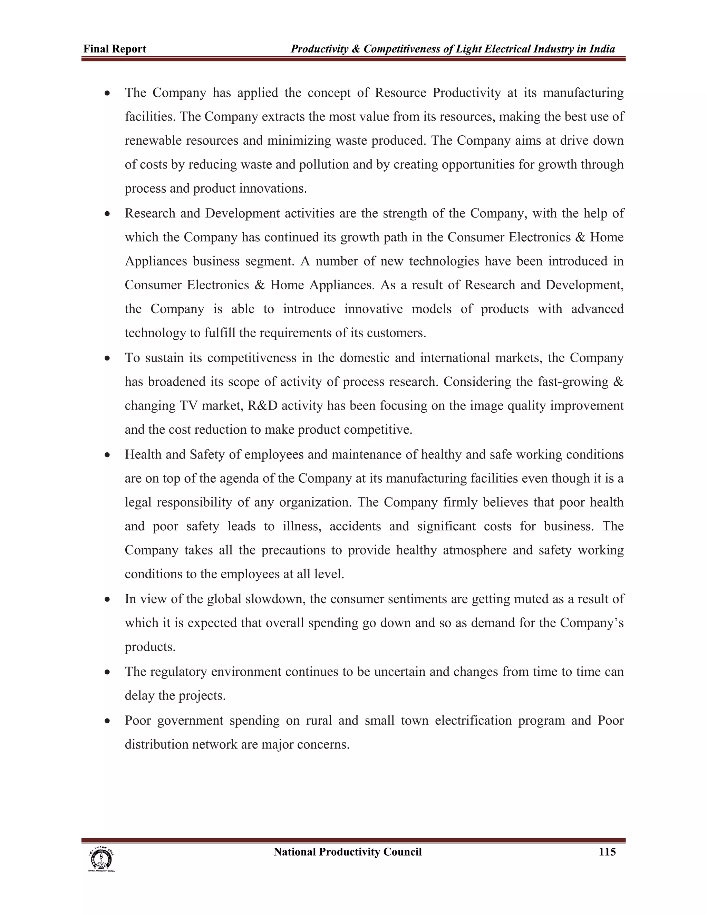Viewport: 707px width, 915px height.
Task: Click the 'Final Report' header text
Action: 115,49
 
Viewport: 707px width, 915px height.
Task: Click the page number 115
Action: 607,852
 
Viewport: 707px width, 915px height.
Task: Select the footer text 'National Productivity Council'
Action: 347,852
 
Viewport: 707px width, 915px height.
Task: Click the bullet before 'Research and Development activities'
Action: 108,214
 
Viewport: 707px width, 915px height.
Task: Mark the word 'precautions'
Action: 293,550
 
